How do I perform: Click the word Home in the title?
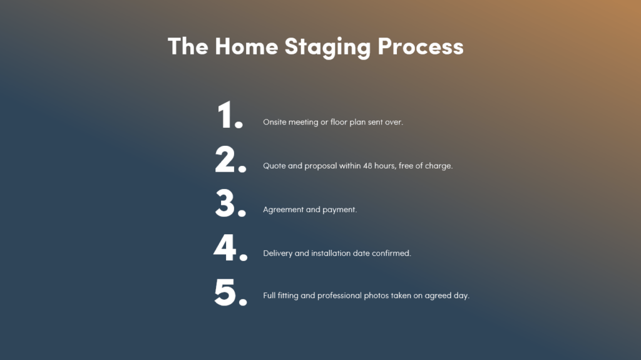247,46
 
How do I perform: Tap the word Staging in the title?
327,48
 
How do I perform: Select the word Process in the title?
421,46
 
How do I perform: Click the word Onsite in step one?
274,122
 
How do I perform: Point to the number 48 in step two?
367,166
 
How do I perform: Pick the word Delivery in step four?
278,254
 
